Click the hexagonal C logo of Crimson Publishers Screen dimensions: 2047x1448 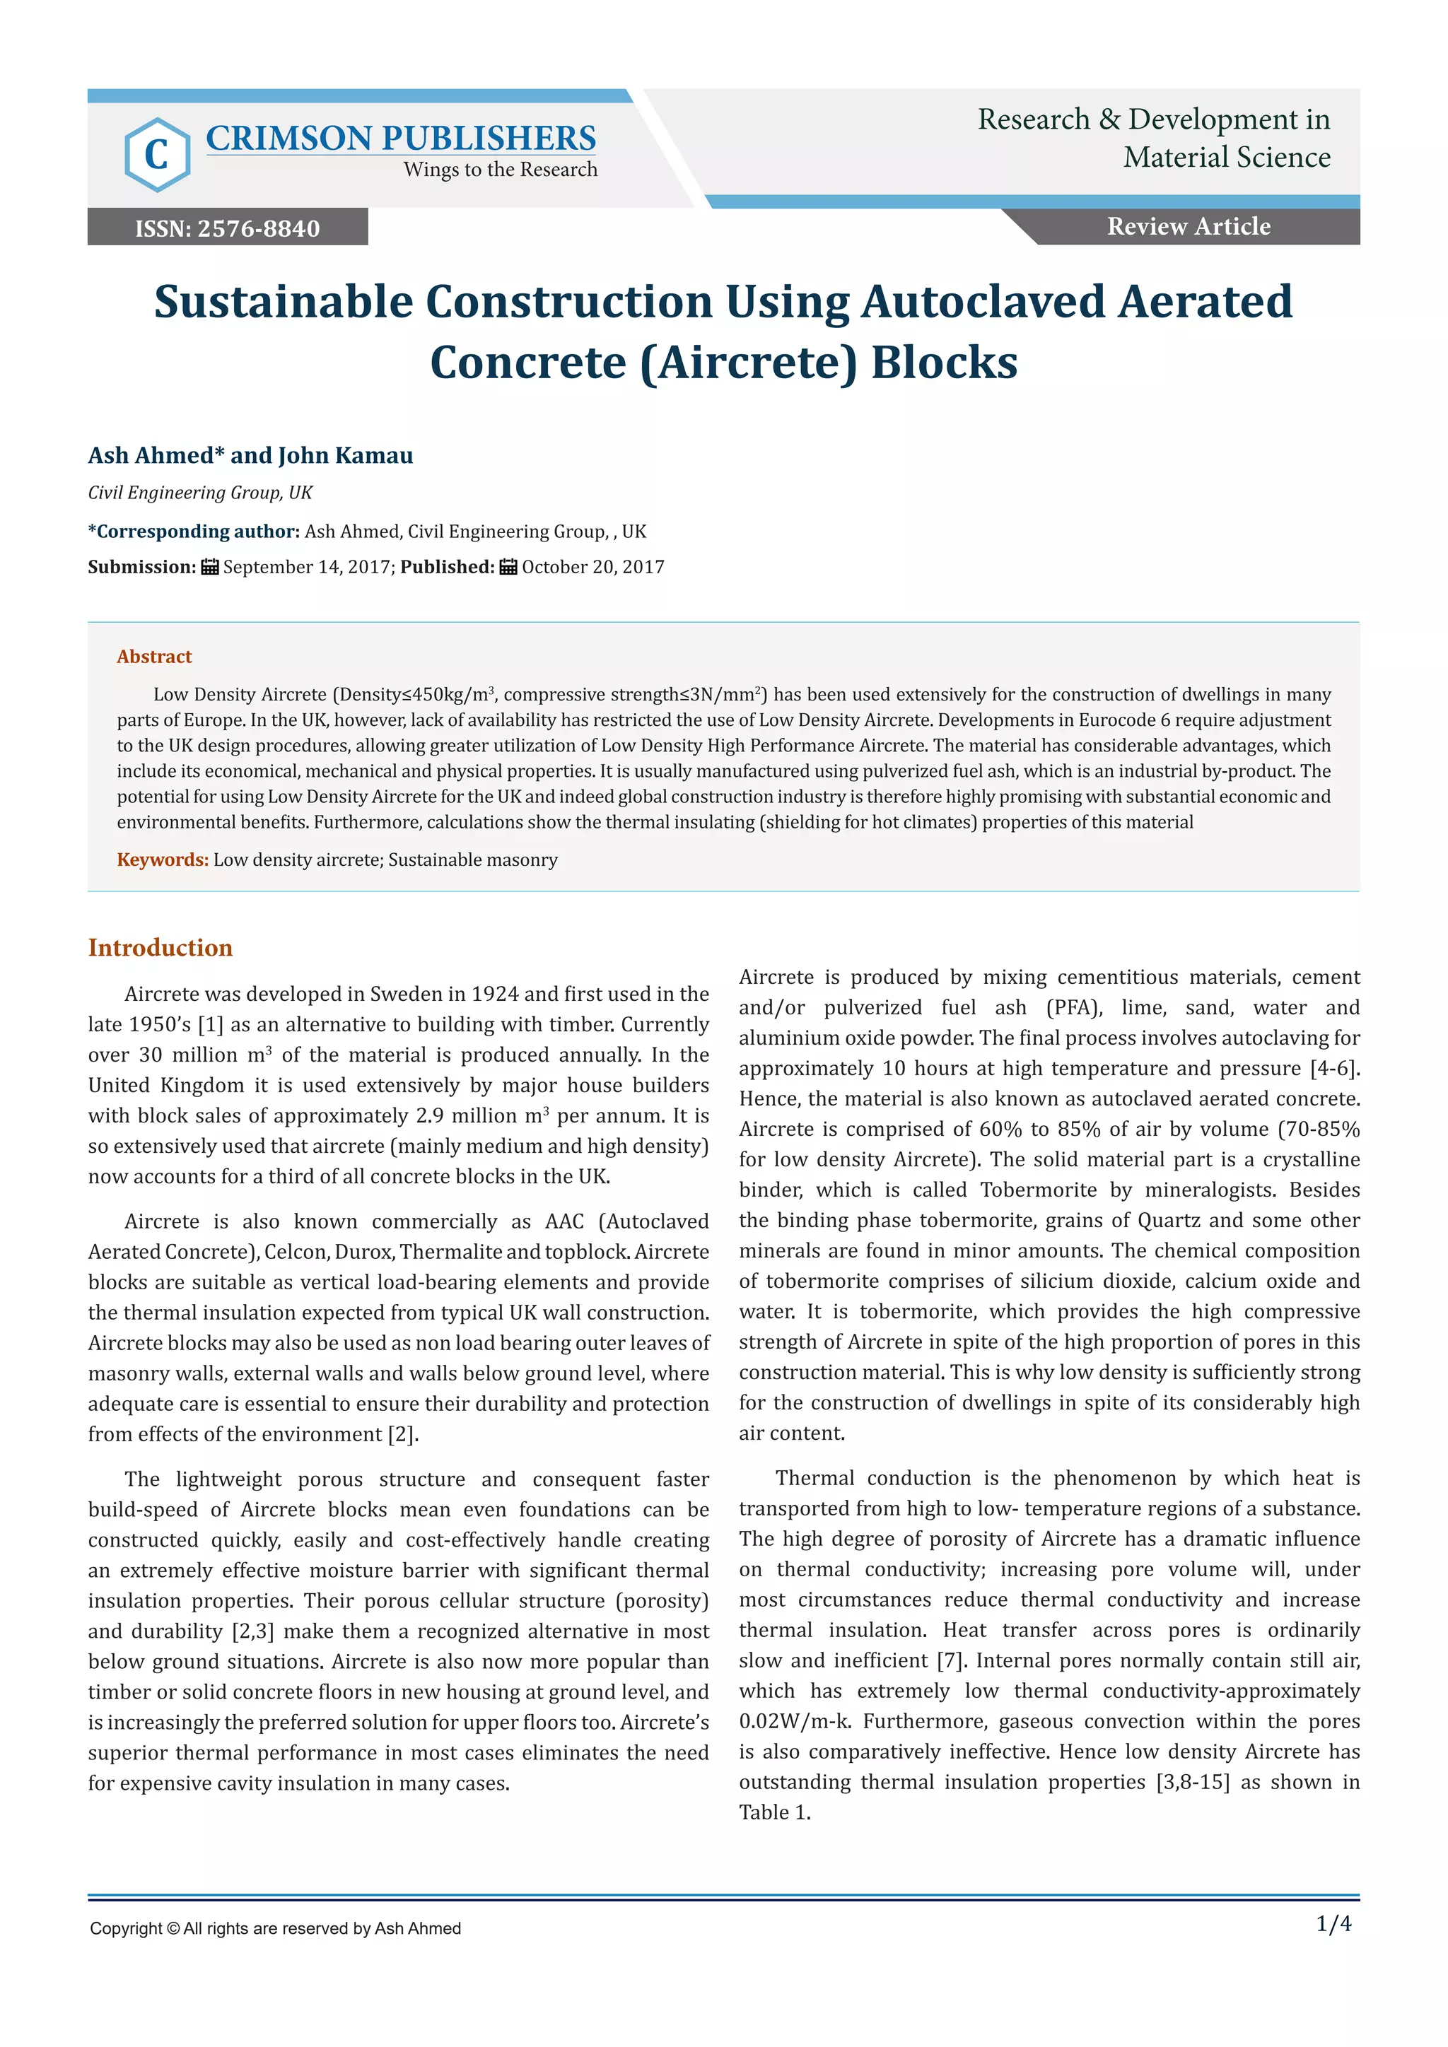pyautogui.click(x=157, y=154)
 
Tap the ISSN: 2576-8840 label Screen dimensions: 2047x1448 pyautogui.click(x=228, y=228)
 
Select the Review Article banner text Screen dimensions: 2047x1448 pyautogui.click(x=1189, y=226)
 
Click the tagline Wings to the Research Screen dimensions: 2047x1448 pyautogui.click(x=500, y=170)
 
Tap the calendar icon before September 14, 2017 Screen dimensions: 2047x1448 pyautogui.click(x=211, y=567)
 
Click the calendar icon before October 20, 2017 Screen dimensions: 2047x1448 pyautogui.click(x=508, y=567)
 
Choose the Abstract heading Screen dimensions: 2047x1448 pyautogui.click(x=154, y=656)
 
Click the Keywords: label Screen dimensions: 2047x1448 pyautogui.click(x=163, y=860)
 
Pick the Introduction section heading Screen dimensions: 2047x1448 pyautogui.click(x=160, y=948)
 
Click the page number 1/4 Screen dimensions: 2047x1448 pyautogui.click(x=1334, y=1924)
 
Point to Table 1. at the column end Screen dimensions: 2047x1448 pyautogui.click(x=775, y=1812)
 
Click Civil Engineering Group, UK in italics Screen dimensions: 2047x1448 pyautogui.click(x=199, y=493)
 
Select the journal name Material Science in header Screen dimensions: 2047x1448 pyautogui.click(x=1227, y=157)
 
